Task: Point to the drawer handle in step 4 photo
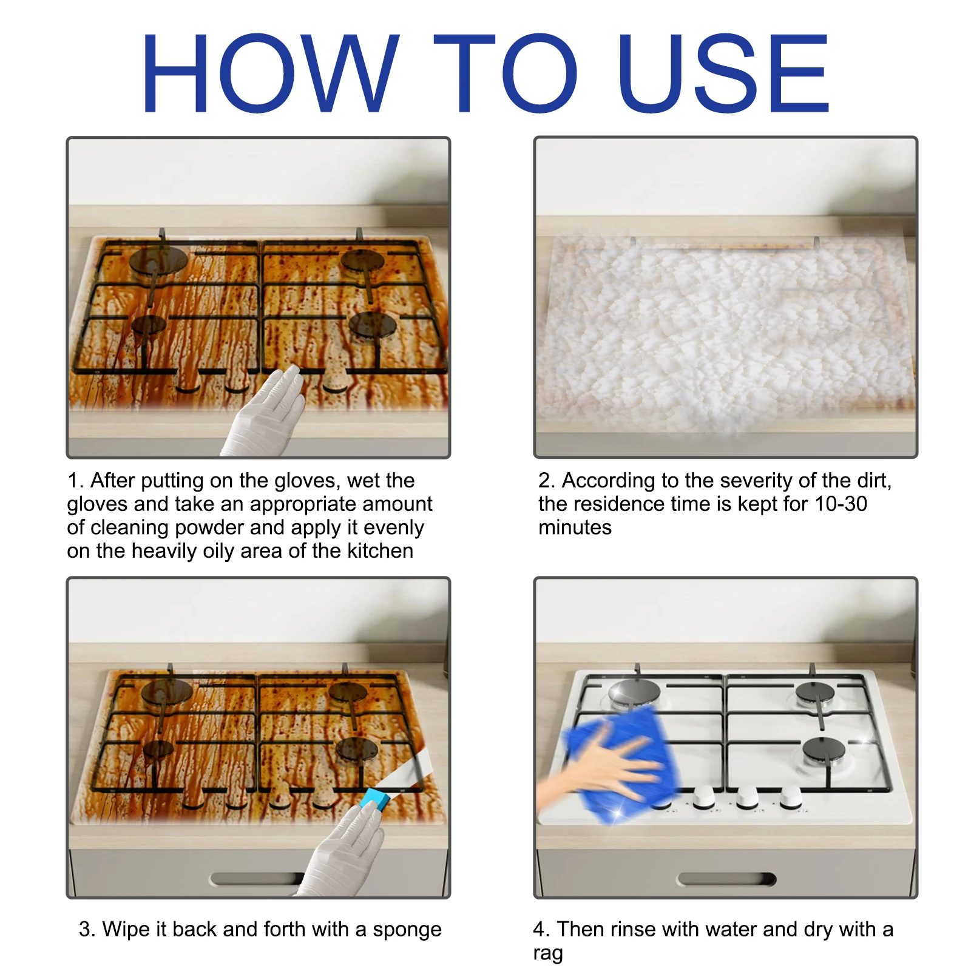point(726,879)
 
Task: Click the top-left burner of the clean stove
point(634,692)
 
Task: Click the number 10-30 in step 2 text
point(841,504)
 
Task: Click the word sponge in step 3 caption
point(407,930)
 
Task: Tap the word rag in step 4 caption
point(547,953)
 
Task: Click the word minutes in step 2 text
point(575,527)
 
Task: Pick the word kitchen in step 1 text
point(380,550)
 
